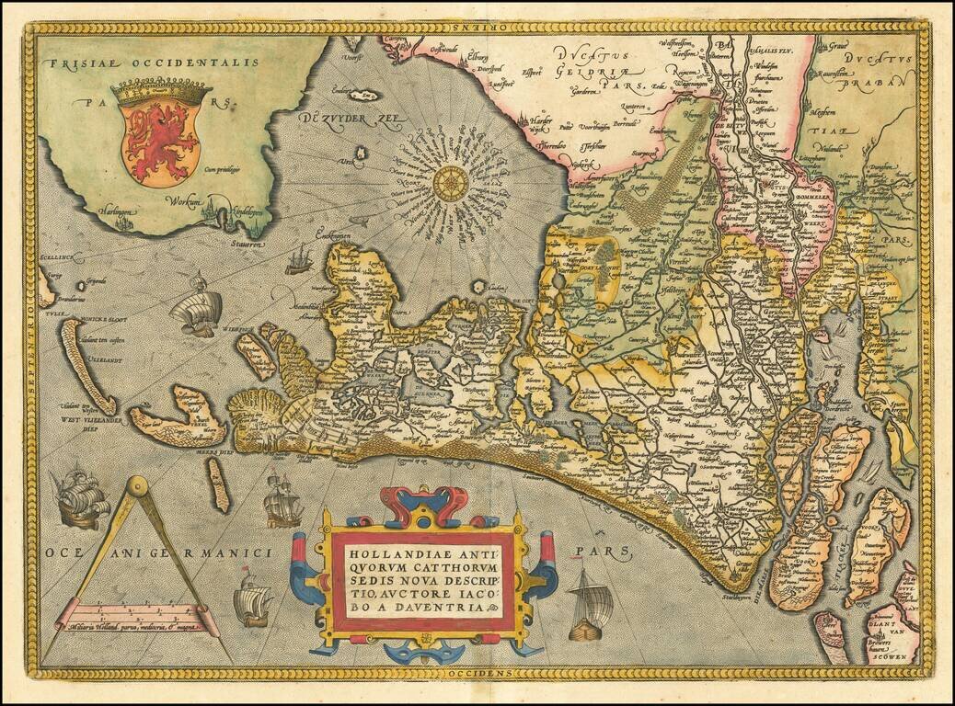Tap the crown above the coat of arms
coord(161,91)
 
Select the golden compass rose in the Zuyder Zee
coord(450,184)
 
